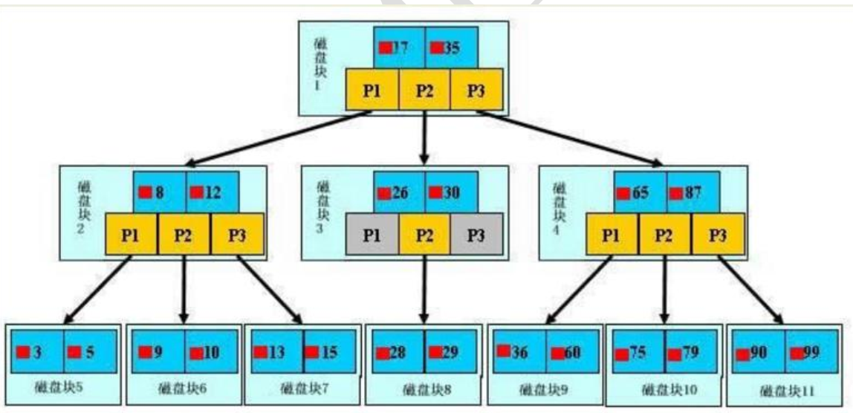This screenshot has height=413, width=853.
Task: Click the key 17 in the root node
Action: coord(399,48)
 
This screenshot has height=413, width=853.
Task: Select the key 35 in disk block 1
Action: coord(450,48)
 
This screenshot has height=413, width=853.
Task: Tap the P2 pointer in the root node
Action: coord(424,89)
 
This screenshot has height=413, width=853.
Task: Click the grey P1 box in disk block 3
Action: coord(372,235)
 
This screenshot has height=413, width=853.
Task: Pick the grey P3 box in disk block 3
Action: coord(476,235)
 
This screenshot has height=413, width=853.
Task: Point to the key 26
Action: coord(399,193)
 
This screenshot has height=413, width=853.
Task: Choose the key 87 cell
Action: coord(691,193)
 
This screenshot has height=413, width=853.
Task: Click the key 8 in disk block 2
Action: coord(159,192)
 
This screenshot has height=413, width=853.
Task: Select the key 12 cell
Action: coord(212,192)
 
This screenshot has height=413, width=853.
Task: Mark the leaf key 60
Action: coord(572,351)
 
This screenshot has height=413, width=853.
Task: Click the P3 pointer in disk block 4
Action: coord(717,235)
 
